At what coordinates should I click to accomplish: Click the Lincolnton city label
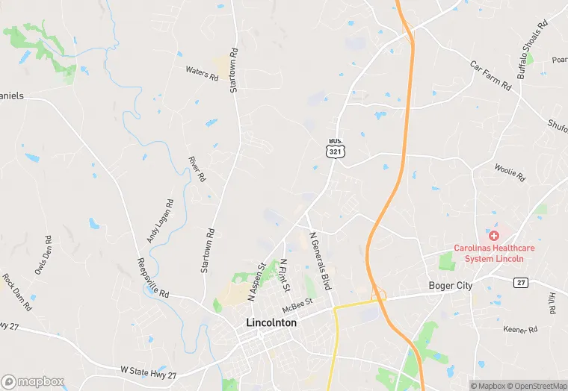(271, 323)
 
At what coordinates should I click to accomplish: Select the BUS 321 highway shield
(334, 147)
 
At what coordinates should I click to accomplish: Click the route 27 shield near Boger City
(521, 282)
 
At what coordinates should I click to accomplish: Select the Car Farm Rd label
(490, 75)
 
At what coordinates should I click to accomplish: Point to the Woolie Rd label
(510, 173)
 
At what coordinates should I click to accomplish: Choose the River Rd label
(197, 169)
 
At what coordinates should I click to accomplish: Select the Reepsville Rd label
(153, 278)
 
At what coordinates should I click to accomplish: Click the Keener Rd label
(521, 329)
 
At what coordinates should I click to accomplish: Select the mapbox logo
(33, 381)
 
